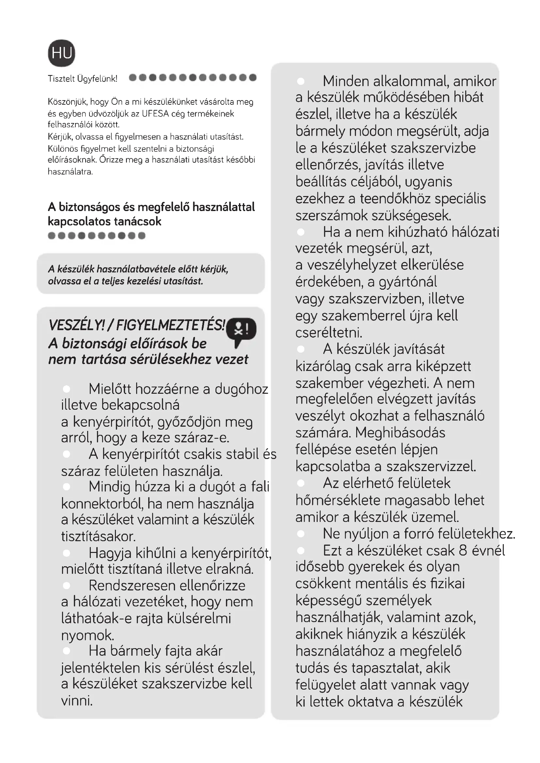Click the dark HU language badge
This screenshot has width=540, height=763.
click(61, 53)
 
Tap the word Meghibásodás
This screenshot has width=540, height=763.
click(400, 433)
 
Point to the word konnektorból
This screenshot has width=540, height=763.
click(102, 504)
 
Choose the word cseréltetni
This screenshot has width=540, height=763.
click(329, 332)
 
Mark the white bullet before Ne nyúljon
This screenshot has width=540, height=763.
click(301, 534)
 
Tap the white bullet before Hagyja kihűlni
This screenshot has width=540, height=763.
click(67, 553)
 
